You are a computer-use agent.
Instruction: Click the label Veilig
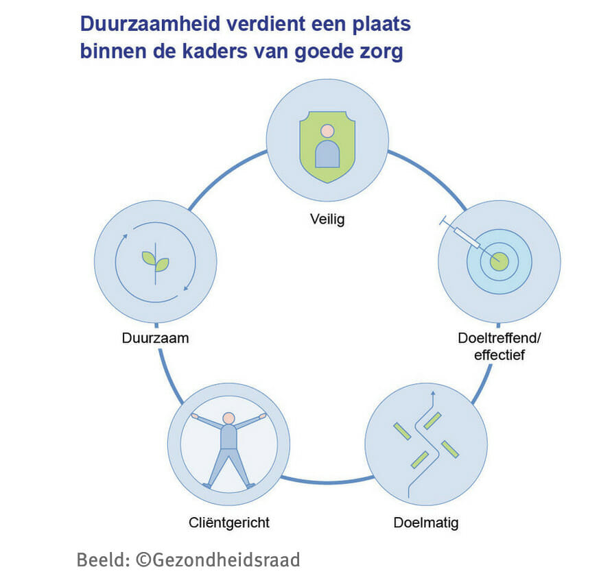327,219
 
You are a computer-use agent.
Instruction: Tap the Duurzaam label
155,338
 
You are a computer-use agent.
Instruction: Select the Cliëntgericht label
229,523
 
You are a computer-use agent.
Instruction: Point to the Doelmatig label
426,523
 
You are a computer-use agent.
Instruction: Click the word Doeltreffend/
499,338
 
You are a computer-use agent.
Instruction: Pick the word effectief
499,355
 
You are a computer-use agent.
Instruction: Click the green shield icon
327,147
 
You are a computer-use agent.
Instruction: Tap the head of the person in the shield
327,131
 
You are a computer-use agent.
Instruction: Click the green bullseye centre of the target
499,261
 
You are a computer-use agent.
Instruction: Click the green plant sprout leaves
155,261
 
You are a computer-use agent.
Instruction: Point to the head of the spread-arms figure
228,418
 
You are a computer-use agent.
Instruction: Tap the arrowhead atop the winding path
432,394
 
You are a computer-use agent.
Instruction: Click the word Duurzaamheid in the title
150,24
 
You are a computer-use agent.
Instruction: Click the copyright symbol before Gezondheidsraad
143,560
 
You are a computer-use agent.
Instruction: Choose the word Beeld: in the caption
104,560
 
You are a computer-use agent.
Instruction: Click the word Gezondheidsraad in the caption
226,560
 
